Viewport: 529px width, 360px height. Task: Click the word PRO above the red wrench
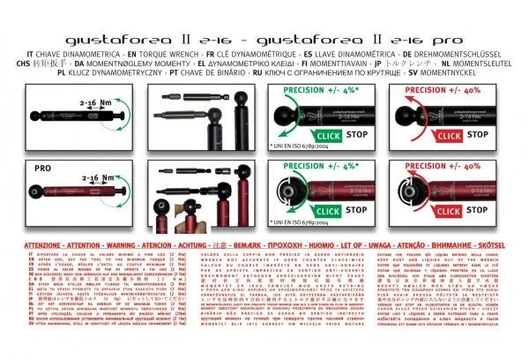coord(42,166)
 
